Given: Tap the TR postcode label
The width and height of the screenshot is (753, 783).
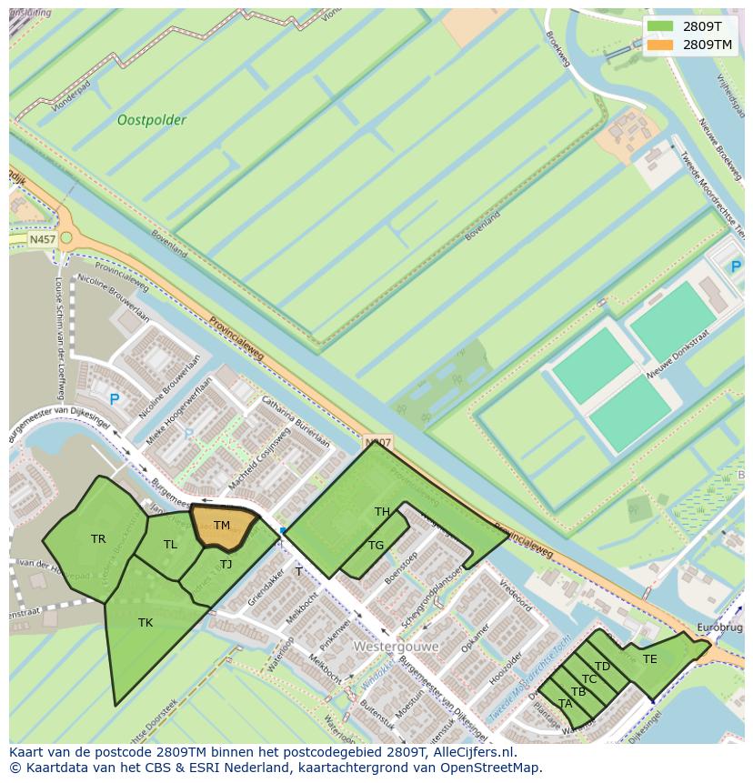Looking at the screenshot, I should [98, 539].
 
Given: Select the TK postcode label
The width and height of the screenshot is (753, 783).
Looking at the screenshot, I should [146, 623].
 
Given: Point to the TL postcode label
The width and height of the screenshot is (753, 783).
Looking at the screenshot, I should [170, 545].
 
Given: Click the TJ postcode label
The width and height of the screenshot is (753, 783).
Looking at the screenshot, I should [226, 565].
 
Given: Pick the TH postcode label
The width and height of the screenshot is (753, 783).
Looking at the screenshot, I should [382, 512].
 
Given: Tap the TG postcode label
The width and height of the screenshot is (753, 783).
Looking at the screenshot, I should [376, 546].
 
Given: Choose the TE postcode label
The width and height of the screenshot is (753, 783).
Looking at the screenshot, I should [649, 659].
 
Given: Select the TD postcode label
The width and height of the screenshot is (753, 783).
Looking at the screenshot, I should [602, 667].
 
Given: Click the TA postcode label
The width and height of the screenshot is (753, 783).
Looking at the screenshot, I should [565, 703].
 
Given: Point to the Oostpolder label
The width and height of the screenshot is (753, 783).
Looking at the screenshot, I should [152, 120].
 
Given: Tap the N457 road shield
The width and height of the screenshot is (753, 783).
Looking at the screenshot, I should [42, 239].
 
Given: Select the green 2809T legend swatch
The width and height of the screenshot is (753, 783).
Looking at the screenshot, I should [661, 25].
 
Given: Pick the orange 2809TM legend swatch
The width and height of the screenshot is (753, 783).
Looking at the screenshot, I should [661, 44].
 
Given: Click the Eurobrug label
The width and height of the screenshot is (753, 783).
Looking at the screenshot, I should [719, 627].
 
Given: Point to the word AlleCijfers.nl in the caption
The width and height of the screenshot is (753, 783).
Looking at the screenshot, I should [472, 752].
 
